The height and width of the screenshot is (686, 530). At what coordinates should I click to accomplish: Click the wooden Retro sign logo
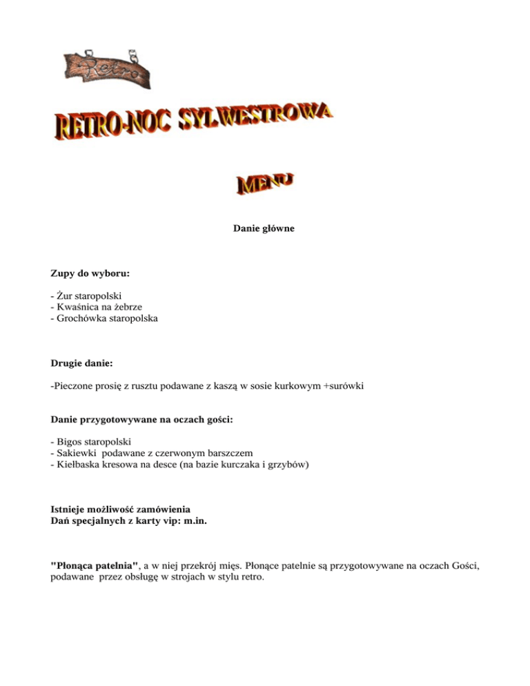(x=107, y=68)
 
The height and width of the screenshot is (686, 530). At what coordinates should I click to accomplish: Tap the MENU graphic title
(x=266, y=182)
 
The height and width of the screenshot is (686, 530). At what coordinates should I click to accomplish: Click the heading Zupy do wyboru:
(x=90, y=273)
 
